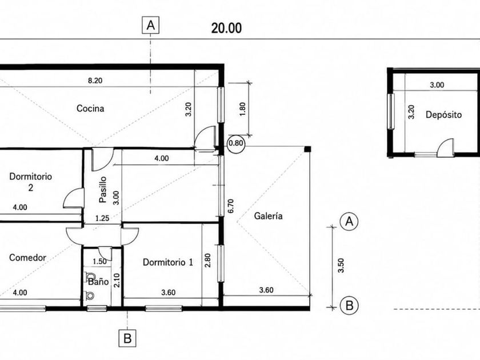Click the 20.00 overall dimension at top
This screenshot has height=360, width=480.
(226, 28)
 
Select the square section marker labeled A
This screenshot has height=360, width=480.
(151, 25)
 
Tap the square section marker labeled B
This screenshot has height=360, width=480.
(127, 338)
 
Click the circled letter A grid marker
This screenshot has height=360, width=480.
(349, 221)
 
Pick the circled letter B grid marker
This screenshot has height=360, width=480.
(349, 306)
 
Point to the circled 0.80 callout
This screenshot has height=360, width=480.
(236, 143)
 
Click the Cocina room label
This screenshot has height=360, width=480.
(90, 109)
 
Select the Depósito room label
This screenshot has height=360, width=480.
(443, 115)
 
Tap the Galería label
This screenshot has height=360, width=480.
(269, 216)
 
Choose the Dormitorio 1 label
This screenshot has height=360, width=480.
(168, 262)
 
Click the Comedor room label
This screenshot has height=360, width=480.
(27, 258)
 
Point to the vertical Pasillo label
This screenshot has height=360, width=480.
(103, 190)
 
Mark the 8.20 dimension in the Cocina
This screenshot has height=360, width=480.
(95, 81)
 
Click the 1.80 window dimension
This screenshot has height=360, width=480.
(242, 109)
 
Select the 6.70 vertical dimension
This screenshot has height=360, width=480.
(230, 206)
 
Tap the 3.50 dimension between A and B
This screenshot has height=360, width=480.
(341, 265)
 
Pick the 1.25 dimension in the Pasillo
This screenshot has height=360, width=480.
(102, 218)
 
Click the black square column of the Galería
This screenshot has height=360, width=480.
(307, 149)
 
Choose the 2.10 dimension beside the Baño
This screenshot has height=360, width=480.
(117, 281)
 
